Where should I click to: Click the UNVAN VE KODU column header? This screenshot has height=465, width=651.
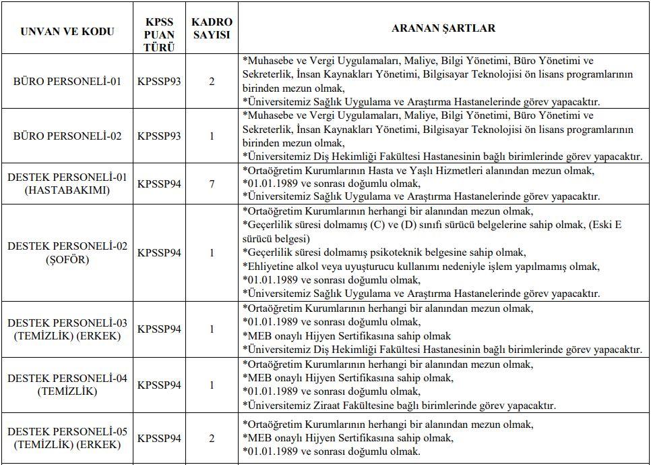pyautogui.click(x=67, y=32)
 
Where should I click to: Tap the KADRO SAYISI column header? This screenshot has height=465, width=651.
pyautogui.click(x=211, y=28)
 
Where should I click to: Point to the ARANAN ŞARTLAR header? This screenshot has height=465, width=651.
pyautogui.click(x=443, y=28)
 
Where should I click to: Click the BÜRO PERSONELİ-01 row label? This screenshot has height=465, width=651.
pyautogui.click(x=67, y=82)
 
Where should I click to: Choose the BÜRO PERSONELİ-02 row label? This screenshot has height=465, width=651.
pyautogui.click(x=67, y=136)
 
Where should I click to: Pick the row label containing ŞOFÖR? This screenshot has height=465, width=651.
pyautogui.click(x=67, y=253)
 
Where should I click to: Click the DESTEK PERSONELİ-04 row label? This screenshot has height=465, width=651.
pyautogui.click(x=67, y=385)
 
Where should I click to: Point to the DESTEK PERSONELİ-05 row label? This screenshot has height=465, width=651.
pyautogui.click(x=67, y=438)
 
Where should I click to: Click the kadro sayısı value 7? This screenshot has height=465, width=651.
pyautogui.click(x=211, y=184)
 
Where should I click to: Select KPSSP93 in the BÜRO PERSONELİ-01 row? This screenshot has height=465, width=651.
pyautogui.click(x=160, y=82)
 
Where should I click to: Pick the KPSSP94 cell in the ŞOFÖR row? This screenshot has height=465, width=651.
pyautogui.click(x=160, y=253)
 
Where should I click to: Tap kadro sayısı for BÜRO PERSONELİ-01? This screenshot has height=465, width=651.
pyautogui.click(x=211, y=82)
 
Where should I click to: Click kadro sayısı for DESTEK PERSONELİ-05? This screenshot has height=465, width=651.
pyautogui.click(x=211, y=438)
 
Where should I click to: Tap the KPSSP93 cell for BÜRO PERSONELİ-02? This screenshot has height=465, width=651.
pyautogui.click(x=160, y=136)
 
